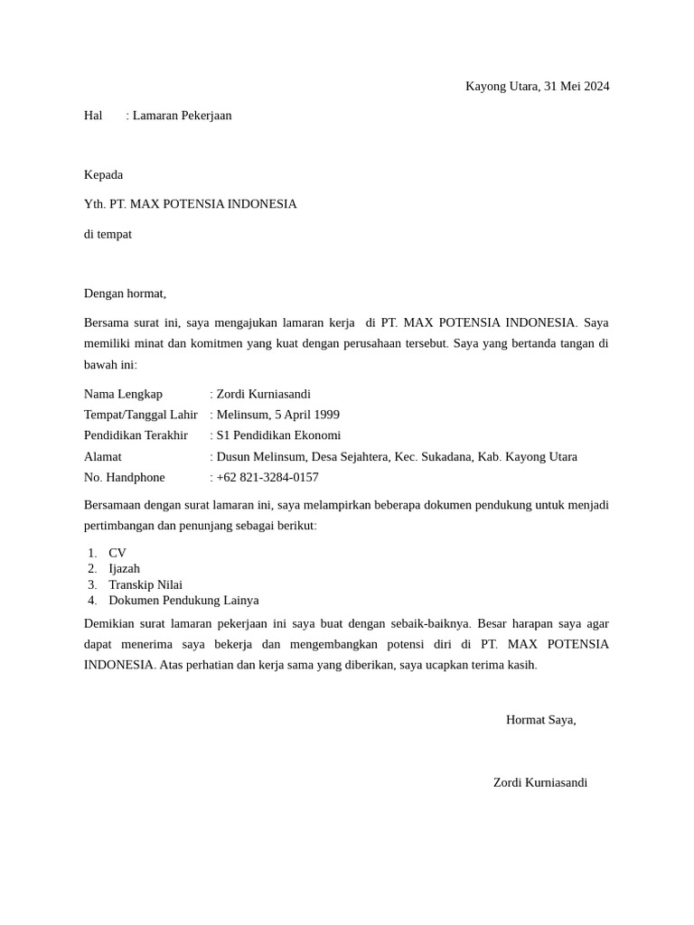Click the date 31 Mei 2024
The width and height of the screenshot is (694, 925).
coord(577,87)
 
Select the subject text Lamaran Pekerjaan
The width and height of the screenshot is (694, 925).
coord(182,116)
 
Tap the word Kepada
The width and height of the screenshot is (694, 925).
coord(103,174)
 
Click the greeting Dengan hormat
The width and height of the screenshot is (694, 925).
coord(125,294)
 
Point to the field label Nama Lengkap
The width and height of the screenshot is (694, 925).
coord(123,394)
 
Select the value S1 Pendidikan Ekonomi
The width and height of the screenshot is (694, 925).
coord(278,435)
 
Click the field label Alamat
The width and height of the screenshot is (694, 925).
coord(102,456)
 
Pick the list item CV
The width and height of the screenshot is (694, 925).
coord(117,553)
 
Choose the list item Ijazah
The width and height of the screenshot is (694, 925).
coord(124,568)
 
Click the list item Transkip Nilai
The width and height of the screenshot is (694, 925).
coord(145,584)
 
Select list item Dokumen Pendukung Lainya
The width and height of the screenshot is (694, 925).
coord(183,600)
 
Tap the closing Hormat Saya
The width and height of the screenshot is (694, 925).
coord(540,720)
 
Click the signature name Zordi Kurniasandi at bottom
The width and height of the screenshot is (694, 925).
coord(540,782)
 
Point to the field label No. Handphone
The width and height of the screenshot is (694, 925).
coord(125,477)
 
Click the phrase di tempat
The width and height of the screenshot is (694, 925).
coord(108,234)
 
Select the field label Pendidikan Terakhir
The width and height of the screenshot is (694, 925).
coord(136,435)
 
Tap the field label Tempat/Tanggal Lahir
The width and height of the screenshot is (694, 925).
coord(140,415)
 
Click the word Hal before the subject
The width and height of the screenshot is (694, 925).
coord(93,116)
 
